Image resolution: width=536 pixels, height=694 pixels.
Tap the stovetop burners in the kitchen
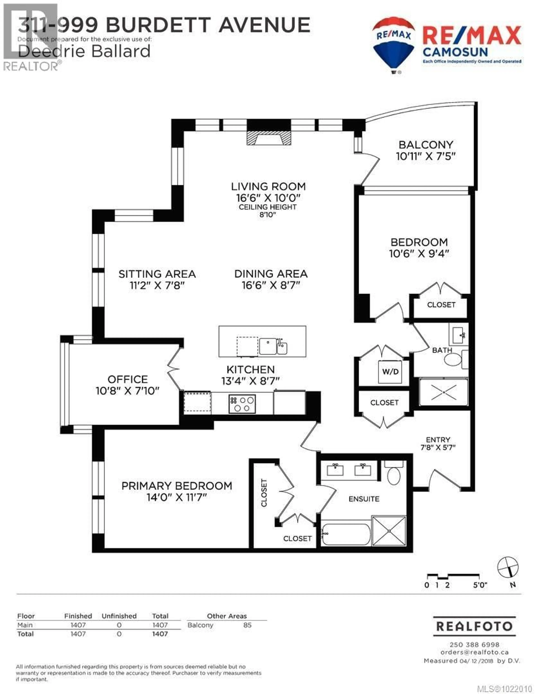point(242,404)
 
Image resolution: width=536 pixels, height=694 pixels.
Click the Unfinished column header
point(119,616)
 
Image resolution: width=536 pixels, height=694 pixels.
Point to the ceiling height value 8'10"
point(267,214)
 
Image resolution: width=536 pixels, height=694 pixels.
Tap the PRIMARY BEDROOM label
point(177,486)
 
